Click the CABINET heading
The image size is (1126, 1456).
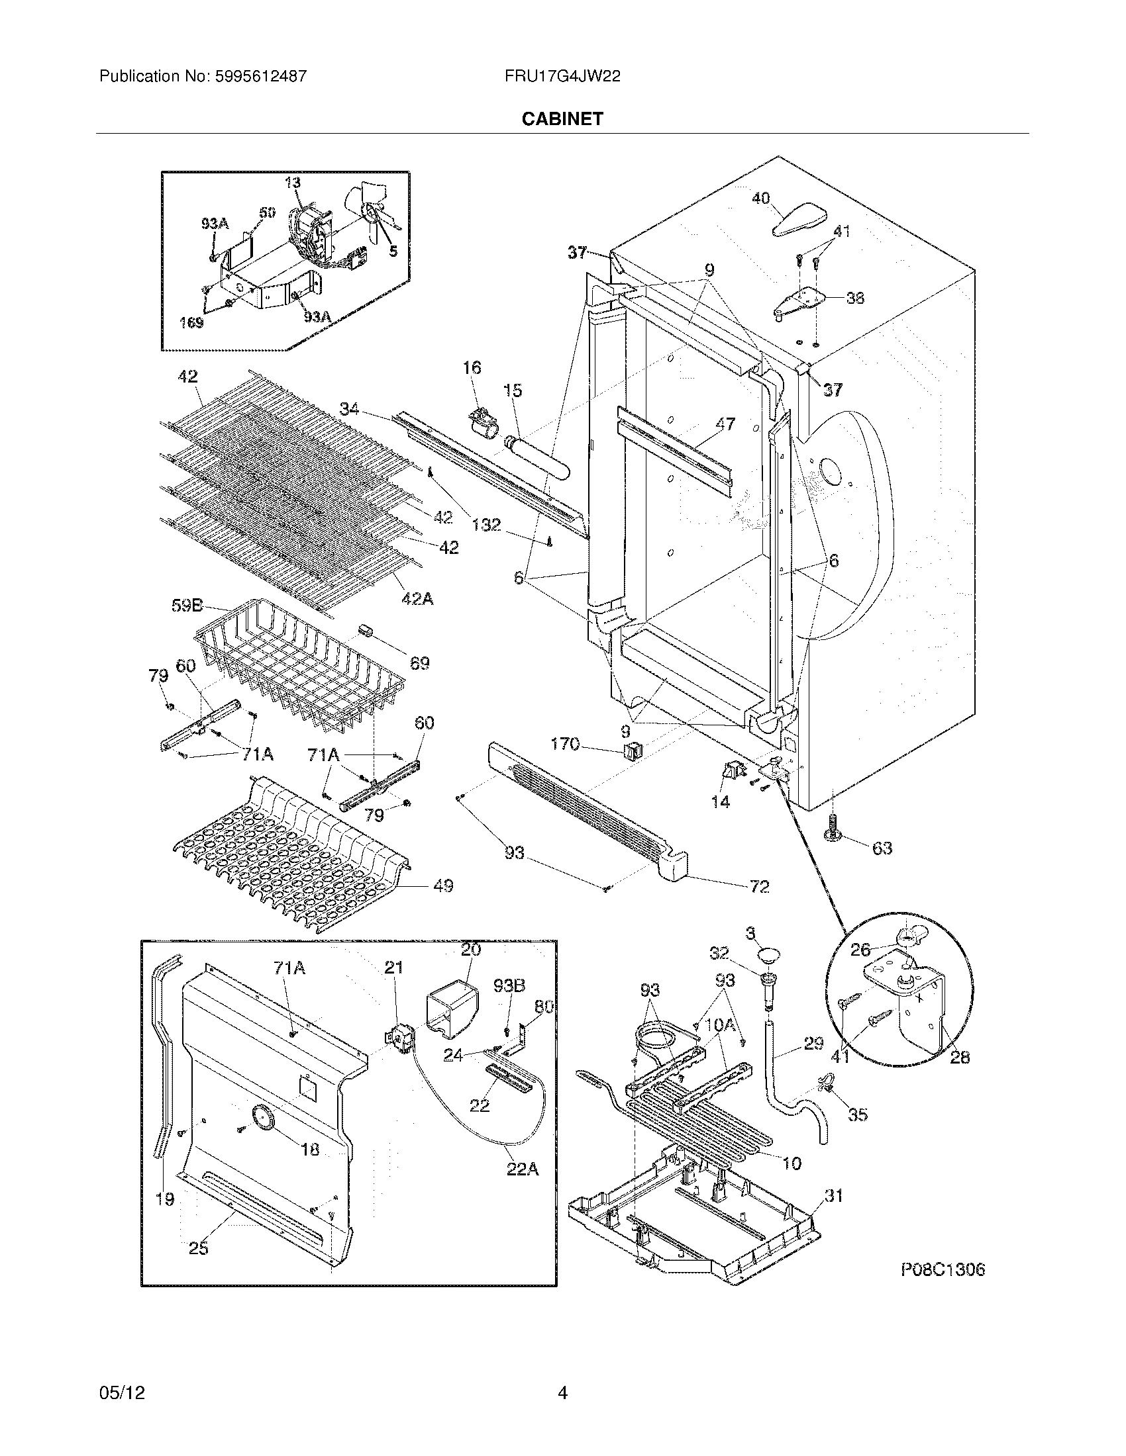coord(562,118)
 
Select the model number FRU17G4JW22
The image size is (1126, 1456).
coord(562,76)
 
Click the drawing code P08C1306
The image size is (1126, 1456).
coord(943,1270)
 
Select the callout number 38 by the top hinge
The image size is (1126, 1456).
coord(854,298)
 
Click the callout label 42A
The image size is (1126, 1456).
coord(417,599)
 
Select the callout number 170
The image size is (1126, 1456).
coord(565,743)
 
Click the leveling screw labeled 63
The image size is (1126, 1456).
coord(834,831)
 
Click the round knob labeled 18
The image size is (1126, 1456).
coord(261,1116)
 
